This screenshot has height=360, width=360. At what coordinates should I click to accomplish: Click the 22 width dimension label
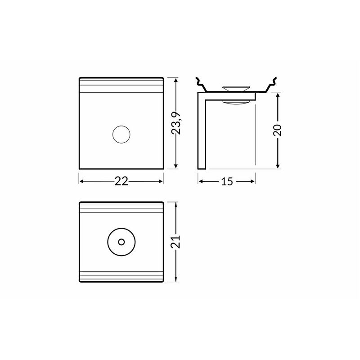pyautogui.click(x=121, y=181)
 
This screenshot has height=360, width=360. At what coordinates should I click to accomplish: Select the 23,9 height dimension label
pyautogui.click(x=176, y=123)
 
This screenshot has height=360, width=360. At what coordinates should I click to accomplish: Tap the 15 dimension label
pyautogui.click(x=227, y=181)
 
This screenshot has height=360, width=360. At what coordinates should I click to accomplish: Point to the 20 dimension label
pyautogui.click(x=278, y=130)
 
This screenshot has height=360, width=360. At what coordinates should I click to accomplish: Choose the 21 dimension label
pyautogui.click(x=176, y=242)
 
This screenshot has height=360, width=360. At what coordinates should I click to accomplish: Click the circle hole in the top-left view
pyautogui.click(x=121, y=135)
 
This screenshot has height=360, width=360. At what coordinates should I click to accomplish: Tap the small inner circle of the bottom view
pyautogui.click(x=121, y=242)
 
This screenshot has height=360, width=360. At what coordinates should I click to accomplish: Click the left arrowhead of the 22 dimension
pyautogui.click(x=81, y=181)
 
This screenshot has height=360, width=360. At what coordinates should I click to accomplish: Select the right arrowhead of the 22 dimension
pyautogui.click(x=161, y=181)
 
